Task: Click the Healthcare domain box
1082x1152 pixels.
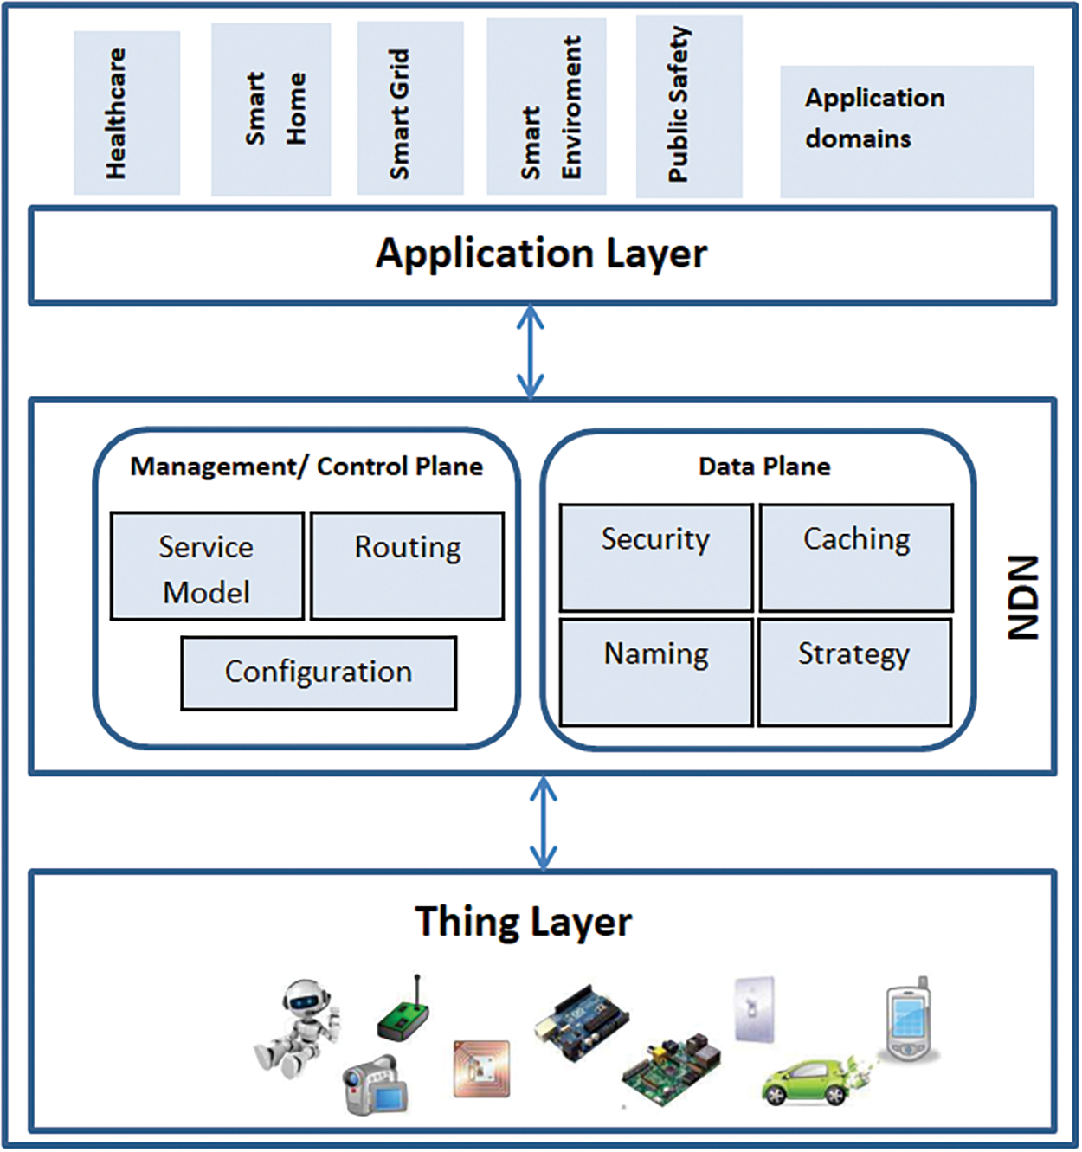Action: point(127,113)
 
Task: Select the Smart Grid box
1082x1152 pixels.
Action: point(410,108)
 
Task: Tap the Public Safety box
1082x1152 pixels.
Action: point(689,106)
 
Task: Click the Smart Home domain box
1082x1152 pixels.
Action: point(271,110)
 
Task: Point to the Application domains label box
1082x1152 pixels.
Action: point(907,132)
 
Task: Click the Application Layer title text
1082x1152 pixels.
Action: point(541,254)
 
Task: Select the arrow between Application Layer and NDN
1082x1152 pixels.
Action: point(531,351)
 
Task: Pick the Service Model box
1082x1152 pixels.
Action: point(207,566)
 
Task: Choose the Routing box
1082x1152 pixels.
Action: point(408,566)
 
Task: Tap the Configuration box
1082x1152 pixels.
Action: point(319,673)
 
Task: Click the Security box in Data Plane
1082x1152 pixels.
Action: point(656,558)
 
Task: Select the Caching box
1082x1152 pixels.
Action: point(856,558)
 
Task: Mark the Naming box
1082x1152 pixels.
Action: point(656,673)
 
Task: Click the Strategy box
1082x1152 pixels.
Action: point(854,673)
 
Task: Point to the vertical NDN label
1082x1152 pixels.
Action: point(1023,597)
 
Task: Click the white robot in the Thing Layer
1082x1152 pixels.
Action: point(297,1029)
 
